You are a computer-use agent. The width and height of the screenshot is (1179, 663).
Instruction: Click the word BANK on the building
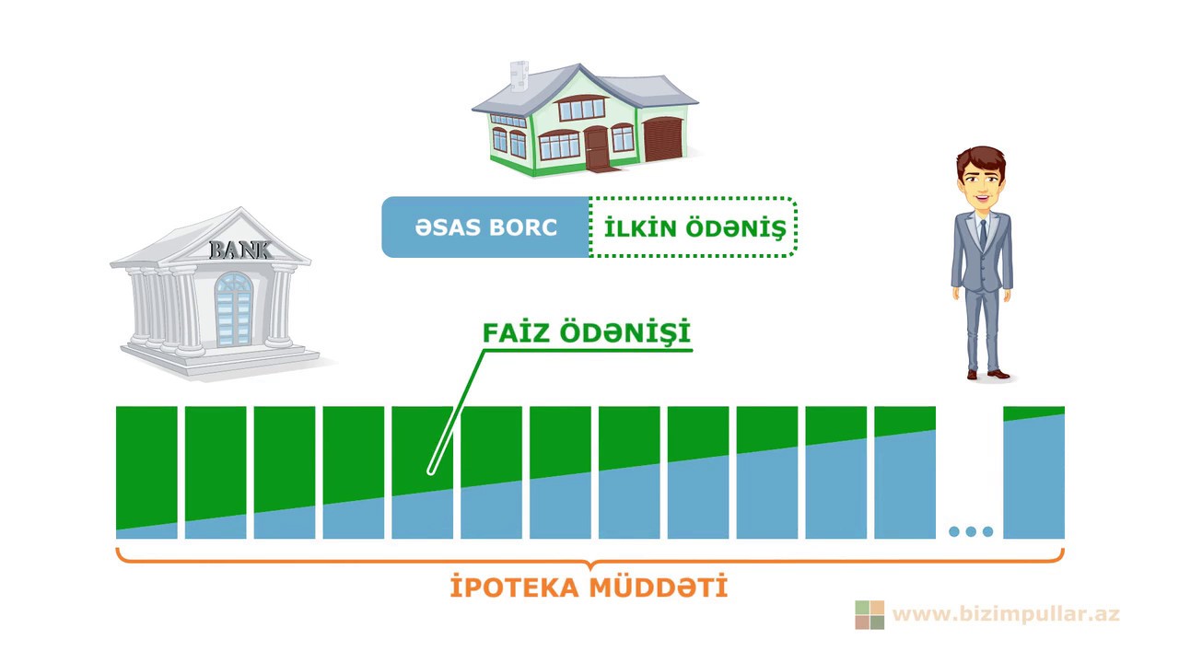tap(240, 249)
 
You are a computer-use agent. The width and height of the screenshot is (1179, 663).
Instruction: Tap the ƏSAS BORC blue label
tap(485, 227)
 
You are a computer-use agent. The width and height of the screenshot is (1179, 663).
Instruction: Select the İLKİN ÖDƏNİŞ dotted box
tap(694, 227)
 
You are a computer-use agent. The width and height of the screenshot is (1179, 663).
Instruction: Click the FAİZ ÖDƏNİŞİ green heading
tap(587, 332)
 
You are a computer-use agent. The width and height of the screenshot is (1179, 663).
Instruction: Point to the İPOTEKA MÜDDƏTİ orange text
tap(589, 587)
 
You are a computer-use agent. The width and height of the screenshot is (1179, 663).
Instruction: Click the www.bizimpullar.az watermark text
tap(1006, 613)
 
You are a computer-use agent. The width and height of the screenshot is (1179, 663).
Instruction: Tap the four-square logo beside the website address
tap(870, 614)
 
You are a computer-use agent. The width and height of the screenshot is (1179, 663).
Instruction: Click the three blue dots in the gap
tap(970, 531)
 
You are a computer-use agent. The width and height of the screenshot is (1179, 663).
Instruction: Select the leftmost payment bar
tap(146, 471)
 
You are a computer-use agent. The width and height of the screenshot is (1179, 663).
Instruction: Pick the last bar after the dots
tap(1033, 471)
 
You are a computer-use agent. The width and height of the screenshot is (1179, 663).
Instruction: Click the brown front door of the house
tap(597, 147)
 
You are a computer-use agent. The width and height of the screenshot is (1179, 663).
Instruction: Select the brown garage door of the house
tap(661, 139)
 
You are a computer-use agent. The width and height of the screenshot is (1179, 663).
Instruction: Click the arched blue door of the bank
tap(233, 309)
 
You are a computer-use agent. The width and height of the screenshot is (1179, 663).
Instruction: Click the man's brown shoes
tap(988, 374)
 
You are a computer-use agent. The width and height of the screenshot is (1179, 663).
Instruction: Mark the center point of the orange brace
tap(589, 563)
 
